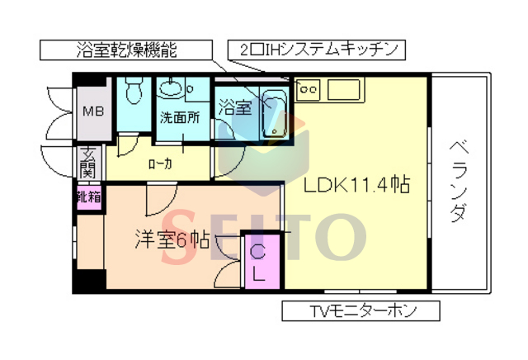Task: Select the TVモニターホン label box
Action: click(361, 311)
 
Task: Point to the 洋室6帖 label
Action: click(172, 239)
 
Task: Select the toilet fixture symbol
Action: click(134, 90)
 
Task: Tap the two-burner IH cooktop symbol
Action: click(308, 86)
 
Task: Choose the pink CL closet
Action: click(257, 263)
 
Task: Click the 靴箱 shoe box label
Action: click(89, 197)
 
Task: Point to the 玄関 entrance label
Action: click(88, 163)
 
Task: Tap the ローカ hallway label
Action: click(159, 163)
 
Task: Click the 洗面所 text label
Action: click(180, 117)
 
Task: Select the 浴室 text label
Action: click(234, 107)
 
